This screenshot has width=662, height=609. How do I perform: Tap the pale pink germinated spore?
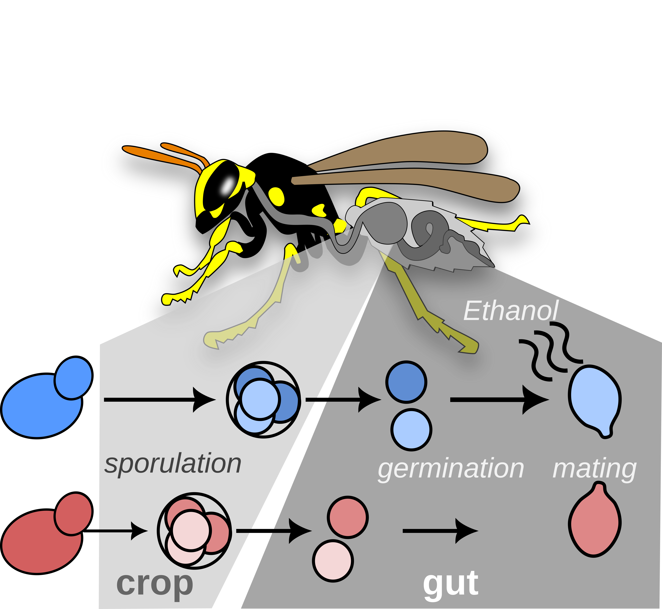point(333,560)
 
